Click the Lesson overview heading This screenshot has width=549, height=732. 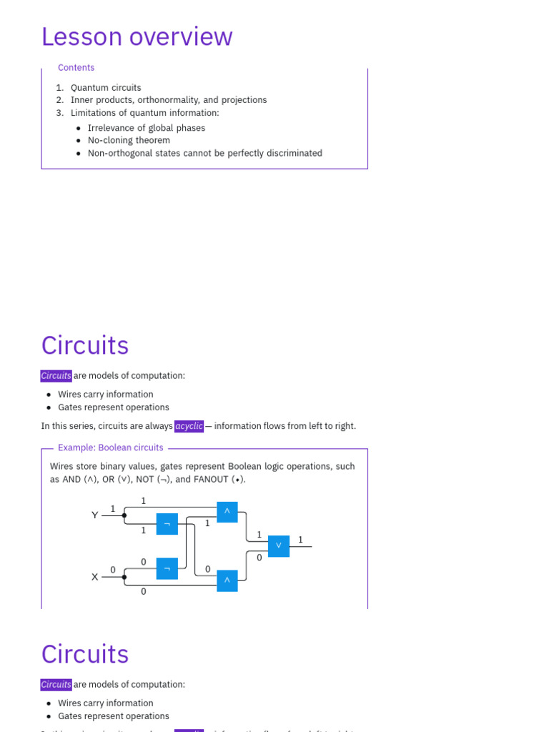click(x=137, y=36)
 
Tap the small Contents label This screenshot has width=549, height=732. click(x=76, y=68)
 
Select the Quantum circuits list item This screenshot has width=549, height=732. click(x=106, y=88)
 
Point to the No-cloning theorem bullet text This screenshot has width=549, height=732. click(x=129, y=141)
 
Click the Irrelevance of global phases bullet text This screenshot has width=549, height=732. click(x=146, y=128)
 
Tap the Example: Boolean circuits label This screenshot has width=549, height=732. click(x=110, y=448)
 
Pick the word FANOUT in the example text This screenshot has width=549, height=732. click(x=212, y=480)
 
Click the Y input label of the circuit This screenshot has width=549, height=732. click(x=95, y=515)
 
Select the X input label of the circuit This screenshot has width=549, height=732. click(x=95, y=577)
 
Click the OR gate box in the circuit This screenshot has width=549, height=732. click(x=279, y=546)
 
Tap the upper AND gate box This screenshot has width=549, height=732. click(x=227, y=512)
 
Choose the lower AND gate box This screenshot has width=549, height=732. click(x=227, y=580)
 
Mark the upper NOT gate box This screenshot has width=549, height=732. click(x=167, y=525)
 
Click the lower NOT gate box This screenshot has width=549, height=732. click(x=167, y=569)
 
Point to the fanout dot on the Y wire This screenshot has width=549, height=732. click(x=124, y=515)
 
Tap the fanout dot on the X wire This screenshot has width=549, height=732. click(x=124, y=577)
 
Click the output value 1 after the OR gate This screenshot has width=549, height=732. click(x=300, y=540)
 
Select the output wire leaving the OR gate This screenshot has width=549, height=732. click(x=301, y=547)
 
